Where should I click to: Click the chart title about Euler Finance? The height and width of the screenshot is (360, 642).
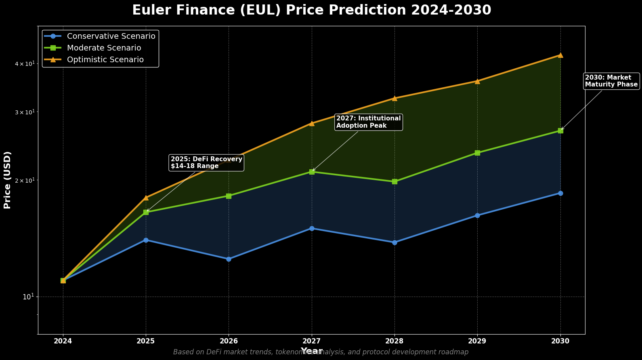[311, 10]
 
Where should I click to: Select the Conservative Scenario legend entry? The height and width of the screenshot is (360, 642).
[111, 36]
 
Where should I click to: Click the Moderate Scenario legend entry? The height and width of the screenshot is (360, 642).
[104, 48]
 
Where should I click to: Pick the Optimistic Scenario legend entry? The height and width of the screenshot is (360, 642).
[105, 60]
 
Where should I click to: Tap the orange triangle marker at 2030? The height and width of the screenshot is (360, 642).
[560, 55]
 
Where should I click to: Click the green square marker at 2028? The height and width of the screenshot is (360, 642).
[394, 181]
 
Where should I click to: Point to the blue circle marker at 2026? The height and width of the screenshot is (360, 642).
[229, 259]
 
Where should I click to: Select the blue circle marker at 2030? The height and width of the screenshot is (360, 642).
[560, 193]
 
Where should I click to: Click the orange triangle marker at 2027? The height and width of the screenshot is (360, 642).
[312, 123]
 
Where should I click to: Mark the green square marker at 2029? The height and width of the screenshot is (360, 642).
[477, 153]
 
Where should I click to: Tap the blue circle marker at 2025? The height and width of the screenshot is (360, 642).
[146, 240]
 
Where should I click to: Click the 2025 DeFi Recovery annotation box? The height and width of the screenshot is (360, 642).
[206, 162]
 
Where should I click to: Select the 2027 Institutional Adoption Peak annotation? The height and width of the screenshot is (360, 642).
[368, 122]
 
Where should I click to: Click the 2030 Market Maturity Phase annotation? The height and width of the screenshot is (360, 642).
[611, 81]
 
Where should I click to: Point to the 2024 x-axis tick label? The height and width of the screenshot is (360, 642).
[63, 341]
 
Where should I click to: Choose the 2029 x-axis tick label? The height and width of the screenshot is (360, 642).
[477, 341]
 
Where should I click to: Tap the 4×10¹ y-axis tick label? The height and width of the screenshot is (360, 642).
[25, 64]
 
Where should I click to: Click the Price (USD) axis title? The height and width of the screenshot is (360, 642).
[7, 180]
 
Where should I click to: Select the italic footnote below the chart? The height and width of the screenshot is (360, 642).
[321, 352]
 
